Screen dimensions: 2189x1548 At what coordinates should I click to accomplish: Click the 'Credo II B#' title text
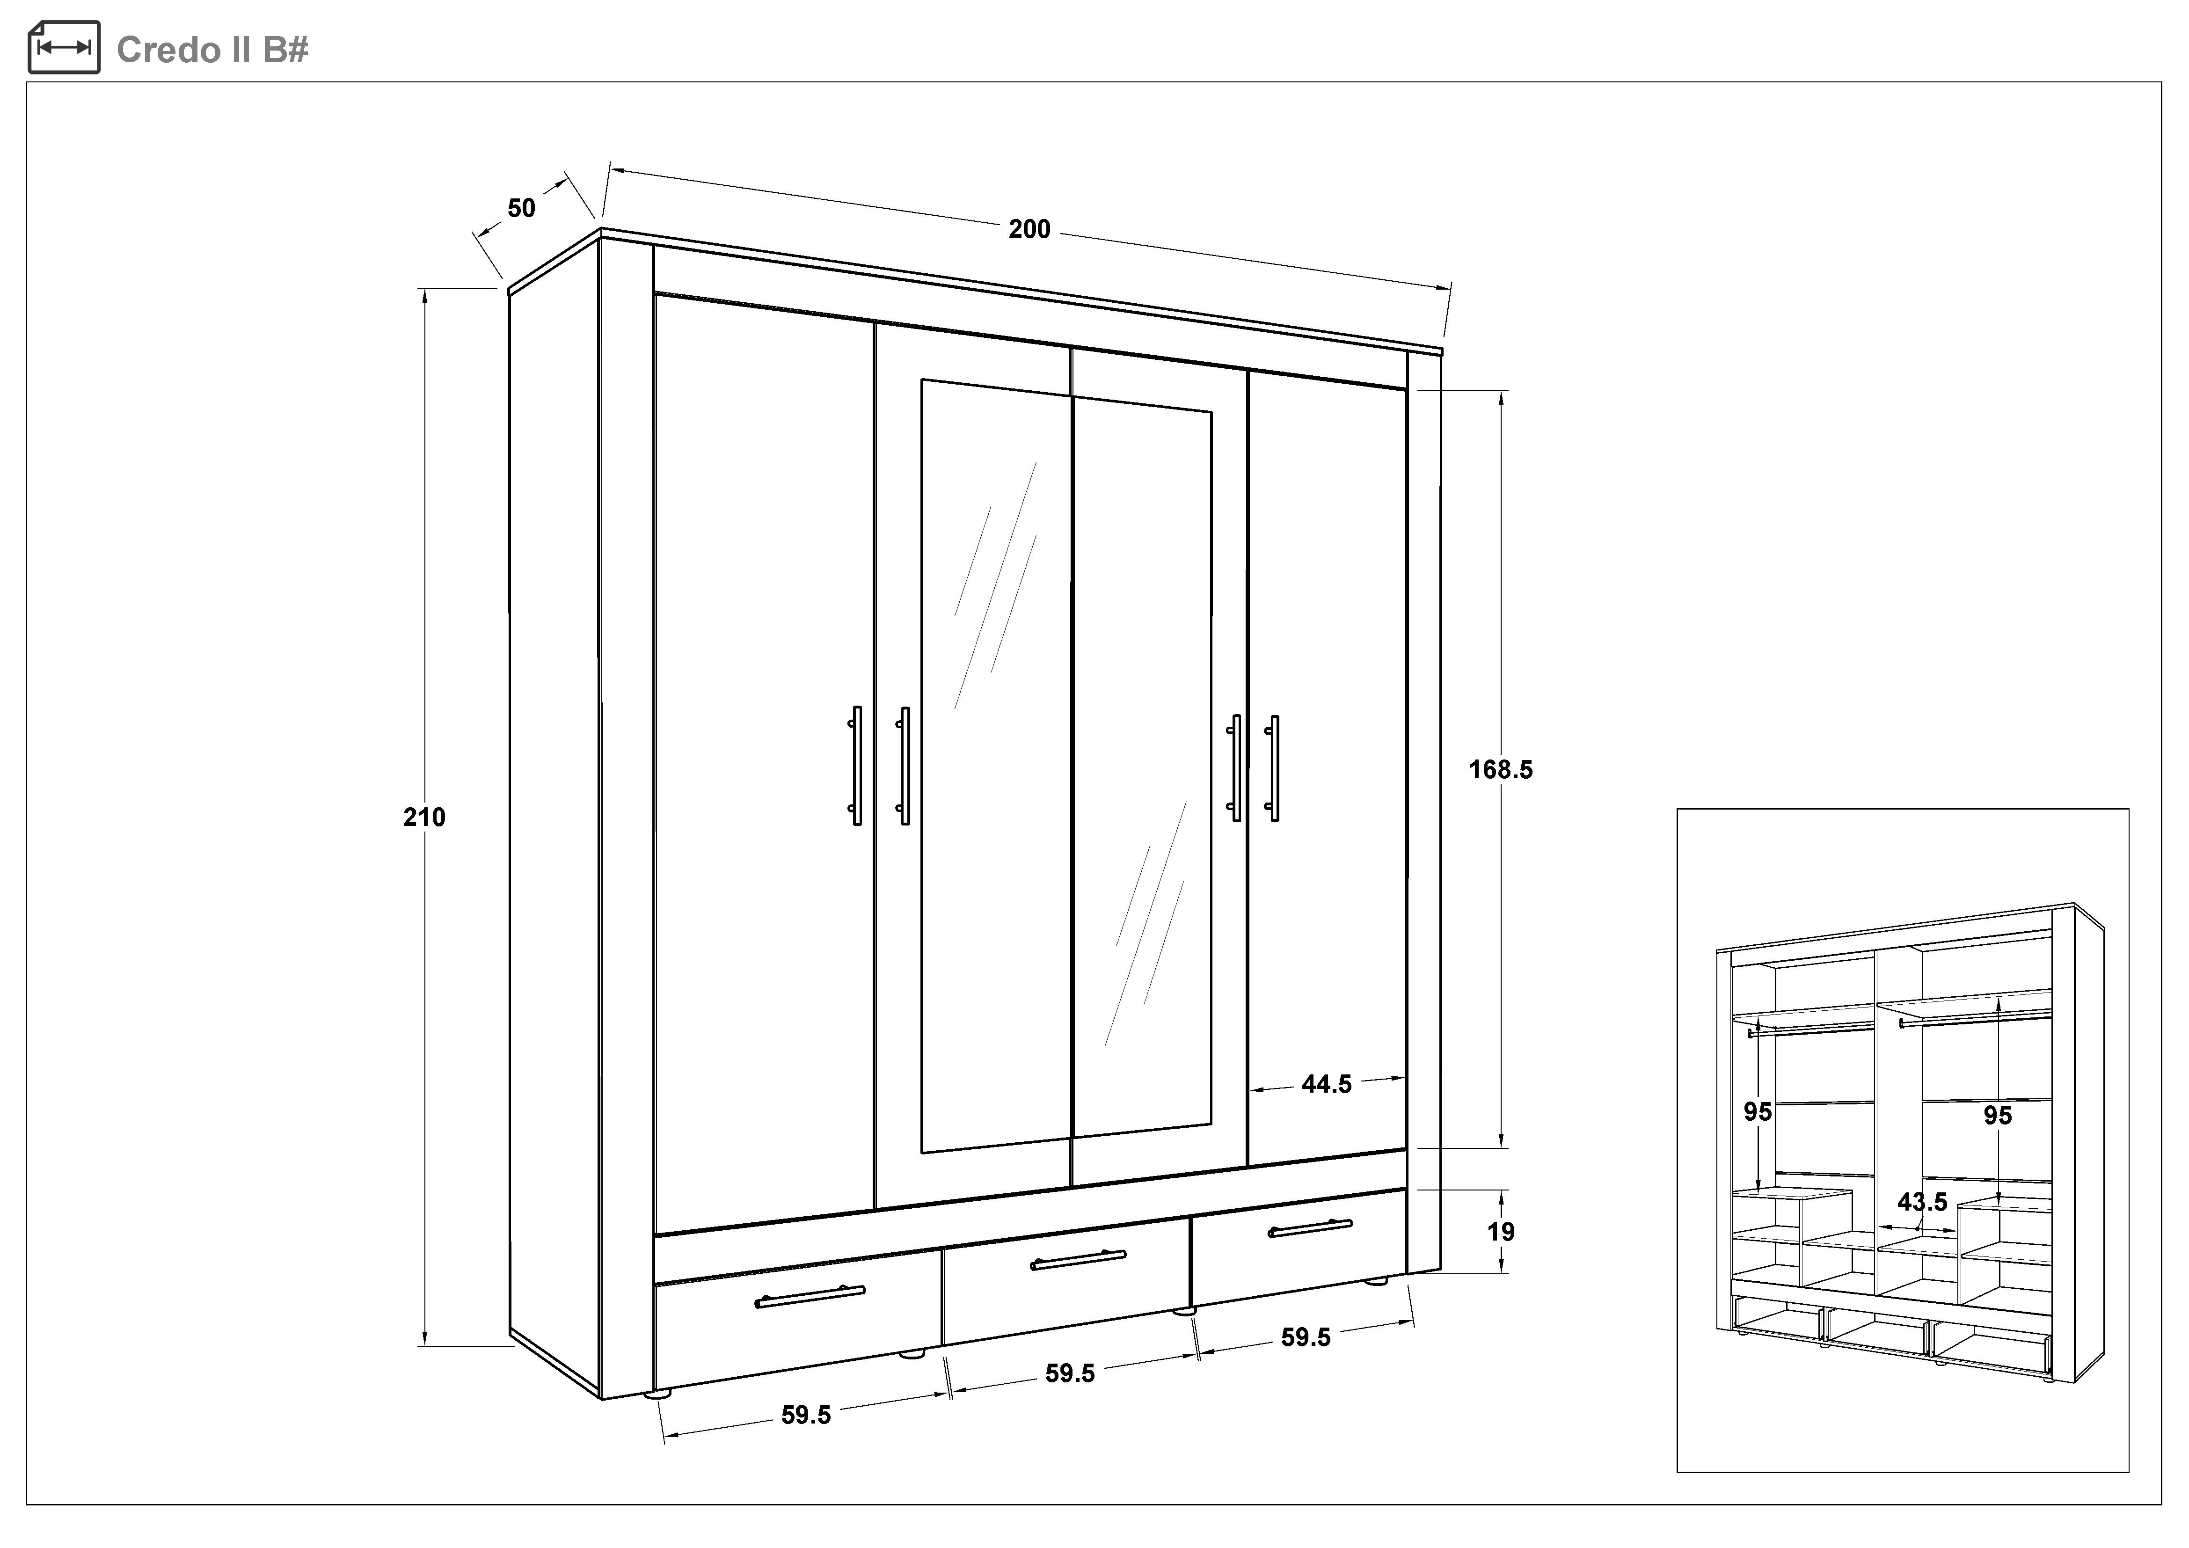click(x=212, y=50)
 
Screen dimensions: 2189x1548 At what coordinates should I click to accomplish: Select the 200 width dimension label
click(x=1029, y=229)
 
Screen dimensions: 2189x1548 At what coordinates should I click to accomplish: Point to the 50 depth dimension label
click(x=521, y=208)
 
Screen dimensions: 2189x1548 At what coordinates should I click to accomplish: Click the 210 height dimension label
click(x=424, y=817)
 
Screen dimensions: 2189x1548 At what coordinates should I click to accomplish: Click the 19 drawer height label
click(x=1501, y=1232)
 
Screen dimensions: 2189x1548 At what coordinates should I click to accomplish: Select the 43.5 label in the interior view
click(x=1922, y=1202)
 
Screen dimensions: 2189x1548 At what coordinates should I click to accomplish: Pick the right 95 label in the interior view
click(x=1997, y=1115)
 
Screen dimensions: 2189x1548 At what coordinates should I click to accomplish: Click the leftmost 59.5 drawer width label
click(x=807, y=1416)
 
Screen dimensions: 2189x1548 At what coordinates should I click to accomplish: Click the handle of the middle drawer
click(x=1078, y=1260)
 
